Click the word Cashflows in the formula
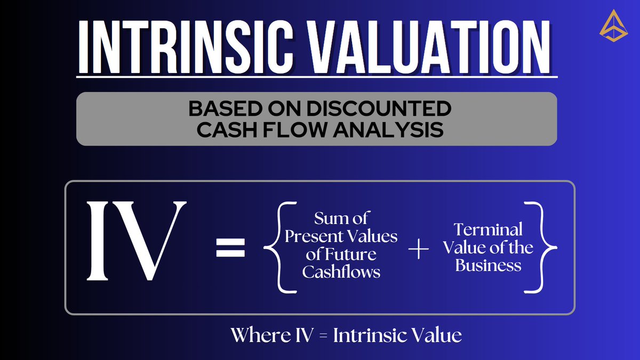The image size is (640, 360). (341, 271)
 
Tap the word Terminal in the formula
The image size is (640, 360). (488, 230)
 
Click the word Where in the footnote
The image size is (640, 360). (254, 335)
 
